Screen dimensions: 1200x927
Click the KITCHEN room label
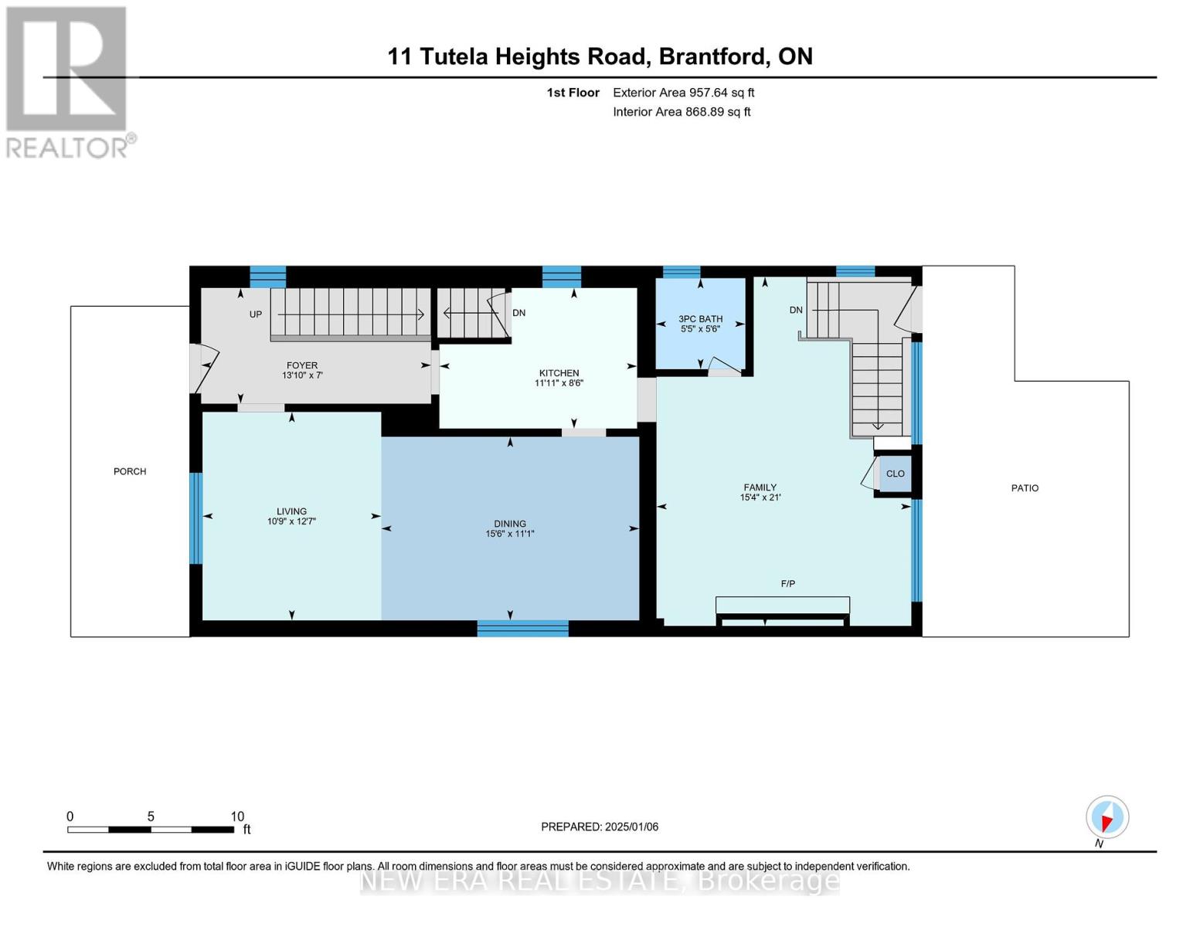click(559, 373)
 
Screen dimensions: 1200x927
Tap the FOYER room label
click(302, 365)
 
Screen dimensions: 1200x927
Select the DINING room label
click(510, 524)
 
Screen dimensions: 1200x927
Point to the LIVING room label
click(291, 511)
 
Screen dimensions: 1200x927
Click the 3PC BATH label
click(700, 319)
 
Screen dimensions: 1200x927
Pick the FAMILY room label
click(760, 487)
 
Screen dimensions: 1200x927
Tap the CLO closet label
click(895, 474)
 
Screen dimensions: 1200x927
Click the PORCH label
click(130, 471)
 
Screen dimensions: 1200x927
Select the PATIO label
click(1025, 488)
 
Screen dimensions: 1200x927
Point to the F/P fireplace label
click(788, 583)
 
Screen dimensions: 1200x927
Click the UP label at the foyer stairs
click(255, 314)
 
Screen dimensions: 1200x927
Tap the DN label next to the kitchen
click(518, 313)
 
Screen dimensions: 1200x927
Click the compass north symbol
click(1107, 817)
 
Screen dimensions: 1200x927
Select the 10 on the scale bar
click(237, 816)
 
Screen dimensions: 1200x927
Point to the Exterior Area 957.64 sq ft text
click(683, 93)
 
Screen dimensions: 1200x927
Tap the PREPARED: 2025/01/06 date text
click(600, 827)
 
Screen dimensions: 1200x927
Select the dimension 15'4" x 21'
click(760, 497)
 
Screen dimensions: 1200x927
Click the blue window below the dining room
click(522, 628)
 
